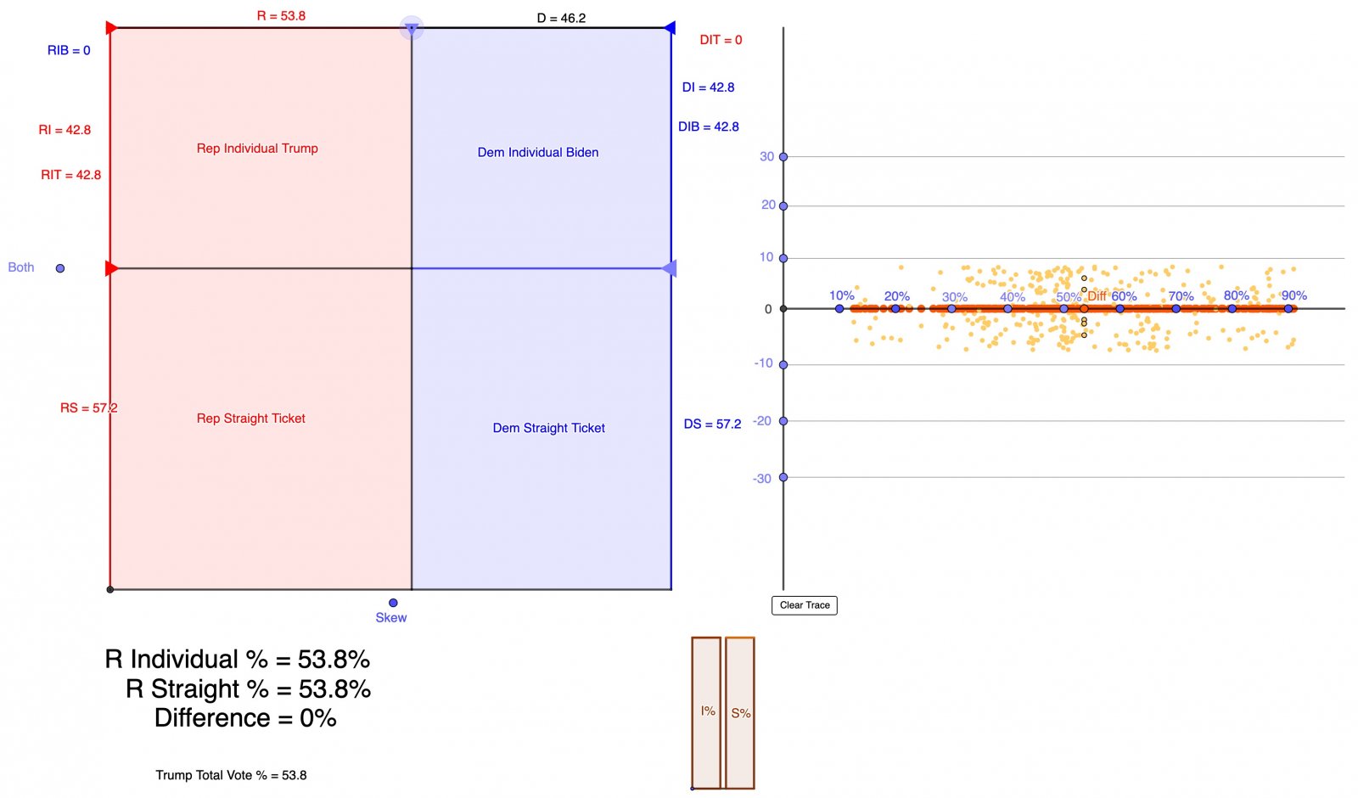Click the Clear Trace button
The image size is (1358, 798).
(x=804, y=605)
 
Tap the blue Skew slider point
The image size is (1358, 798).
(x=393, y=603)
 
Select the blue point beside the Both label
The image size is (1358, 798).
(x=60, y=268)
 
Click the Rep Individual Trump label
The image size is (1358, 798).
(x=257, y=149)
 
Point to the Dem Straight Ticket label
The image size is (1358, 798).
(x=548, y=428)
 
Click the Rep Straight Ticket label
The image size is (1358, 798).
(x=250, y=419)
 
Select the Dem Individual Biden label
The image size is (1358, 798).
(x=537, y=153)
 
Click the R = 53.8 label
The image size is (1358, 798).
(x=281, y=16)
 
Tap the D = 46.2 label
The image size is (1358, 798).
(x=561, y=18)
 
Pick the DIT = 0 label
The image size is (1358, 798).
(x=721, y=40)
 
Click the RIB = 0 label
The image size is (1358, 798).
(x=69, y=51)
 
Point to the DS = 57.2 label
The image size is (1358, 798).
(x=712, y=424)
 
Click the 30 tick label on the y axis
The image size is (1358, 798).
(x=766, y=156)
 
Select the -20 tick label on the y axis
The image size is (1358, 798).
(x=762, y=421)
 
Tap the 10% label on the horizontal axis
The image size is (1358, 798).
(x=841, y=295)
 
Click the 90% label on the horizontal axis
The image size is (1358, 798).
(x=1293, y=295)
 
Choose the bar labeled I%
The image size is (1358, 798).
(x=706, y=712)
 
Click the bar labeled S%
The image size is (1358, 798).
(x=740, y=712)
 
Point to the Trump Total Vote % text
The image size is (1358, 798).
(x=231, y=775)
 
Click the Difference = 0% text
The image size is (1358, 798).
(x=245, y=718)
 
